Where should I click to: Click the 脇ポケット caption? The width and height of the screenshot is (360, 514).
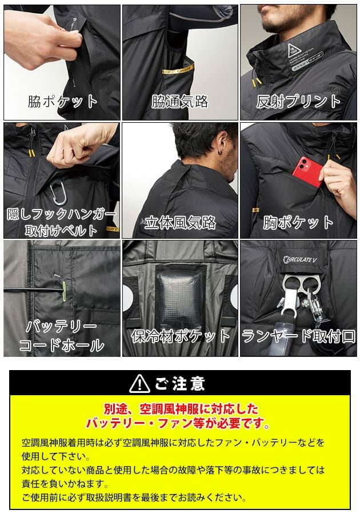63,102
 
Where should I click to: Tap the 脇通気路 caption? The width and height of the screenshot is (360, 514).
179,102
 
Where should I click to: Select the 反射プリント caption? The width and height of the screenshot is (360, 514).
298,102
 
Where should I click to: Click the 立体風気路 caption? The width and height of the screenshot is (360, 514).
179,222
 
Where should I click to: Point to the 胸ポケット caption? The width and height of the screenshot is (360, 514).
298,222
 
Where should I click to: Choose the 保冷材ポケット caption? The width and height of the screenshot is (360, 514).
179,335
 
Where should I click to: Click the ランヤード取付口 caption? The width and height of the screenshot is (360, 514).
298,335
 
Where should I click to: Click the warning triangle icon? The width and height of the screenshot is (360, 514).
140,383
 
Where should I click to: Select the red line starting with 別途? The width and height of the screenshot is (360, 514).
180,409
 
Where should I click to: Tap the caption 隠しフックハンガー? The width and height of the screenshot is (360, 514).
61,215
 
